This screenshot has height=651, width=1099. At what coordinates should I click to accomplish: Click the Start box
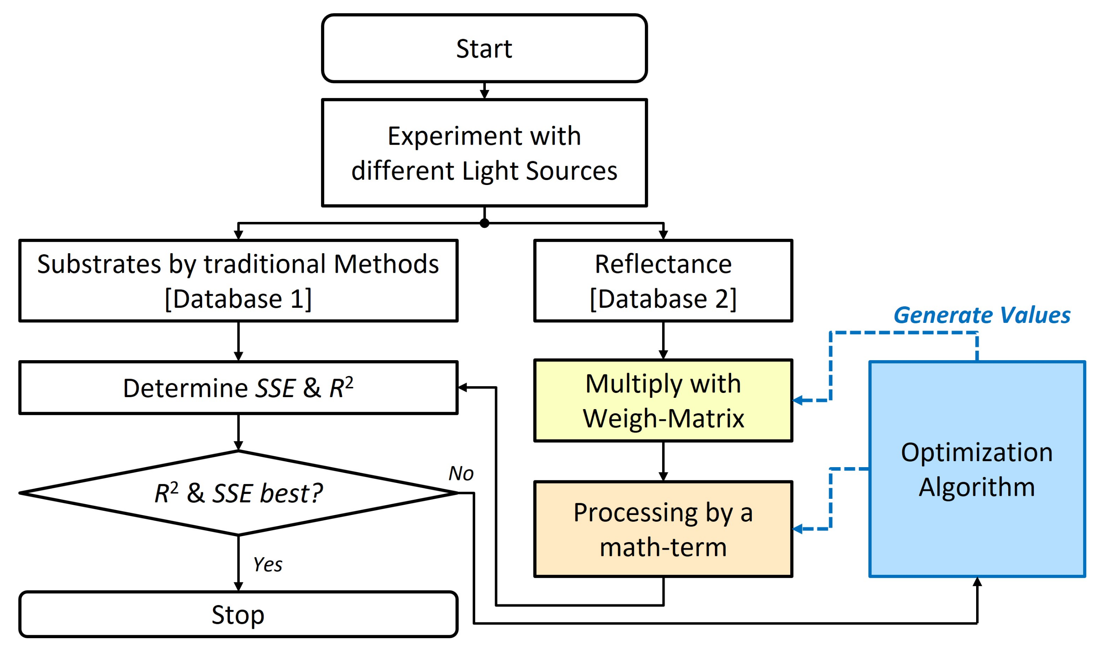click(x=484, y=48)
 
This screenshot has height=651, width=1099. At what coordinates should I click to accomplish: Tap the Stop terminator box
click(x=238, y=614)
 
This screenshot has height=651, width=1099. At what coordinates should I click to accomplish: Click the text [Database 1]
click(x=238, y=299)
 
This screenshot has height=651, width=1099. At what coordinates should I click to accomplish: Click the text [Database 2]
click(x=663, y=299)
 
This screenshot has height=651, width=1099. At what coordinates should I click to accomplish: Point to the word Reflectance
click(x=663, y=264)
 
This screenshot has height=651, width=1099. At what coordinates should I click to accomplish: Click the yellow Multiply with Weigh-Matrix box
click(x=663, y=400)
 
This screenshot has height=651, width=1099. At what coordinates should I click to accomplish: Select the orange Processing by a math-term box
click(x=663, y=529)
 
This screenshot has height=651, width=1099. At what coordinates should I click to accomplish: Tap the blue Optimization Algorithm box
click(x=977, y=469)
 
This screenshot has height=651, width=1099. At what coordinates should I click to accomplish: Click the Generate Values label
click(x=982, y=315)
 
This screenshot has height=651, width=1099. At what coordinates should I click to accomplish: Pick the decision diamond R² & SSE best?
click(x=238, y=493)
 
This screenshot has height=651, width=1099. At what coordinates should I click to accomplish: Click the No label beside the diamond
click(x=461, y=473)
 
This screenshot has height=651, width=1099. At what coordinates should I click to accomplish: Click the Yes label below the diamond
click(x=268, y=565)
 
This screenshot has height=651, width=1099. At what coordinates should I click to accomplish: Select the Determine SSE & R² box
click(x=238, y=388)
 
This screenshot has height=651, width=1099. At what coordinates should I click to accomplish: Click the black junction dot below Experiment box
click(x=484, y=223)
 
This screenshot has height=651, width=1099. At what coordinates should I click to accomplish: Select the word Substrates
click(x=99, y=264)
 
